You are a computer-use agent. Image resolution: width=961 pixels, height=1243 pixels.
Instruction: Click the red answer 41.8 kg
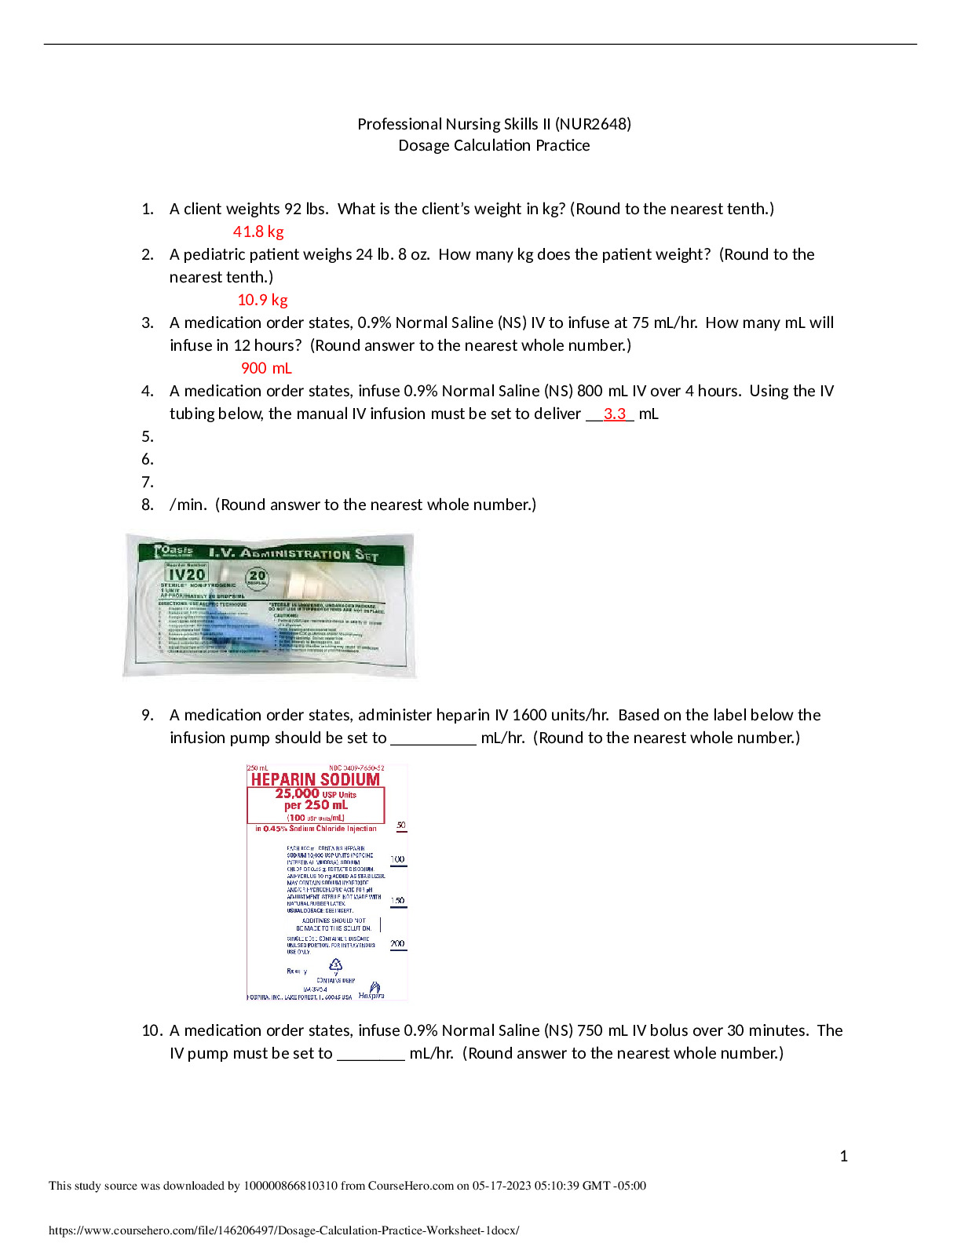pos(258,231)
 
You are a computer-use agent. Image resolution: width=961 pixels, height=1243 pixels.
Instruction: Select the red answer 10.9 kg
pos(262,300)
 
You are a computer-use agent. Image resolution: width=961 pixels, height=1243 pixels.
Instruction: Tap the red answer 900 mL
pos(266,368)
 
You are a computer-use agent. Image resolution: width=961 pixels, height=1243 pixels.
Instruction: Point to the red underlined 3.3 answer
pos(615,414)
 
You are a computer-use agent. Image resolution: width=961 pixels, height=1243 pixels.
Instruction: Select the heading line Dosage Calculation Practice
pos(494,145)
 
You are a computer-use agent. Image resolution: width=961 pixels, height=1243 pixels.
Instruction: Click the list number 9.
pos(147,715)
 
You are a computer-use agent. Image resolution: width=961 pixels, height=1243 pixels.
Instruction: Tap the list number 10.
pos(152,1030)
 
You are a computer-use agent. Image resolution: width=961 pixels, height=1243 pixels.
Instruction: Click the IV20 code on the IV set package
pos(187,574)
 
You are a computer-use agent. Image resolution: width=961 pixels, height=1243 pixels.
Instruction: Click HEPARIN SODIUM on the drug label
pos(315,779)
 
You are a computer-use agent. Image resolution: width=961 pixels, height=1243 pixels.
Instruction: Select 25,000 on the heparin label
pos(297,793)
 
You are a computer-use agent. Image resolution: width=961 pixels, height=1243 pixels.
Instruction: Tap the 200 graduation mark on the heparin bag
pos(398,944)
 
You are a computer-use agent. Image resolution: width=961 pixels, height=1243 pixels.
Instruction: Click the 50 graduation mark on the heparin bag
pos(400,826)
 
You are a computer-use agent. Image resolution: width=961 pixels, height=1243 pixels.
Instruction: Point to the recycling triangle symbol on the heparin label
pos(336,964)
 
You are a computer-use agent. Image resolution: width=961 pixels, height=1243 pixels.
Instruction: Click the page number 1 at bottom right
pos(844,1156)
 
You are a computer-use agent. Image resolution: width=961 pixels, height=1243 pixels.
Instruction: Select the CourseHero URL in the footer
pos(283,1230)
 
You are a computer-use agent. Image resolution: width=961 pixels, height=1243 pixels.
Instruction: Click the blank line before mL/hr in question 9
pos(433,738)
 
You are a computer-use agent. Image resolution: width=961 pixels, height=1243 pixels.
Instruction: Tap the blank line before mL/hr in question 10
pos(371,1054)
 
